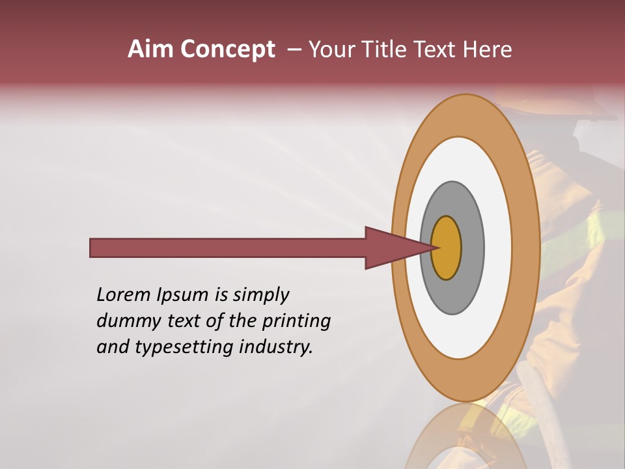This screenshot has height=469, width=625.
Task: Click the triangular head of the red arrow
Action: pos(391,248)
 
